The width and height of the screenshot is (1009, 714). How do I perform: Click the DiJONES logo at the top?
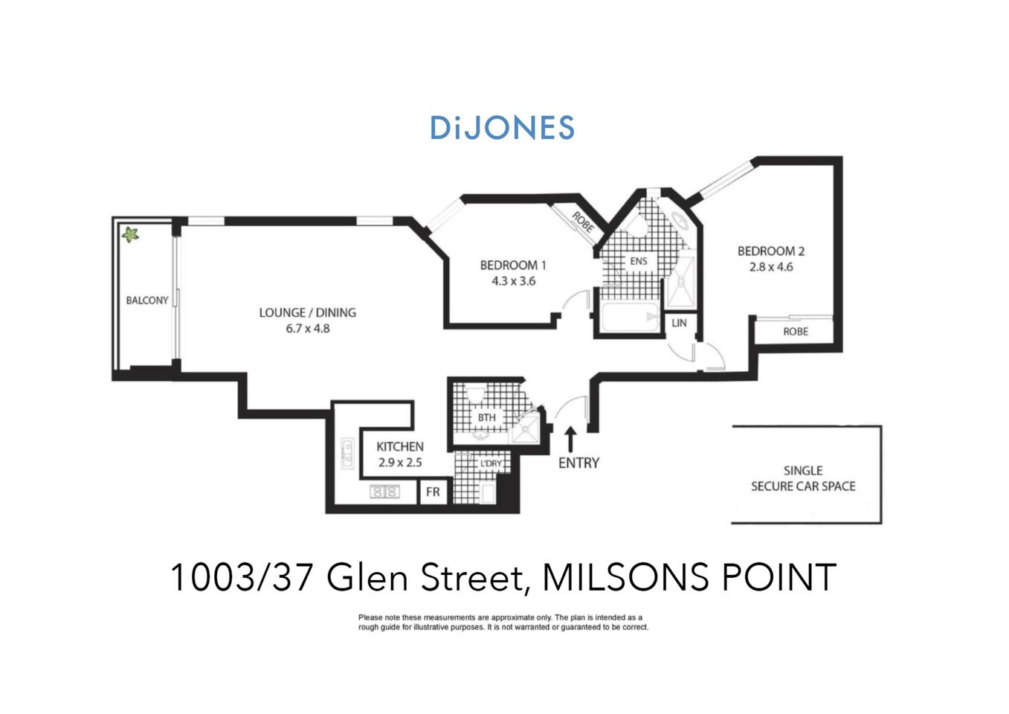[x=502, y=128]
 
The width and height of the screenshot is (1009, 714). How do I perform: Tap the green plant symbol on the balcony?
[x=131, y=235]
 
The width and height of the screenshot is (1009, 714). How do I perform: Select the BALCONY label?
[x=146, y=300]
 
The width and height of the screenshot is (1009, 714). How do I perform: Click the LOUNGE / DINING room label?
[x=307, y=313]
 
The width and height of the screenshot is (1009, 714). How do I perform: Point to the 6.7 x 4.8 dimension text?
[x=307, y=329]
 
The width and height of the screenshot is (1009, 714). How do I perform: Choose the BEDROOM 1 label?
[x=513, y=266]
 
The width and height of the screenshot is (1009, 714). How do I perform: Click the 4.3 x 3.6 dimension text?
[x=513, y=281]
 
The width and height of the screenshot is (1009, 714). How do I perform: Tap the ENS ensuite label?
[x=638, y=261]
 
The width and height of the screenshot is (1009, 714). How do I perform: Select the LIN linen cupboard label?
[x=679, y=323]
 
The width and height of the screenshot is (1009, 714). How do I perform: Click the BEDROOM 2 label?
[x=771, y=251]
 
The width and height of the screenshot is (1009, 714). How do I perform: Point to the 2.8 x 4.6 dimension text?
[x=771, y=267]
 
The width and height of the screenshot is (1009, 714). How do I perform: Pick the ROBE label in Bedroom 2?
[x=795, y=332]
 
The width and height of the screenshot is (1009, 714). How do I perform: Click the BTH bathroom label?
[x=486, y=418]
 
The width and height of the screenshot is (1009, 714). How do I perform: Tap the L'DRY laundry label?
[x=491, y=464]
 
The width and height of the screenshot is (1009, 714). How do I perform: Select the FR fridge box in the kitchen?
[x=433, y=492]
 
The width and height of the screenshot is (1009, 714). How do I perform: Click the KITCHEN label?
[x=400, y=447]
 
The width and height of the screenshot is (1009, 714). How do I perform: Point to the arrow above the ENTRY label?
[x=570, y=439]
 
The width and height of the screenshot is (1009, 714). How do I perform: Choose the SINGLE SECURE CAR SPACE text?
[x=803, y=478]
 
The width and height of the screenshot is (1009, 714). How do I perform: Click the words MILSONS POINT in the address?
[x=689, y=578]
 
